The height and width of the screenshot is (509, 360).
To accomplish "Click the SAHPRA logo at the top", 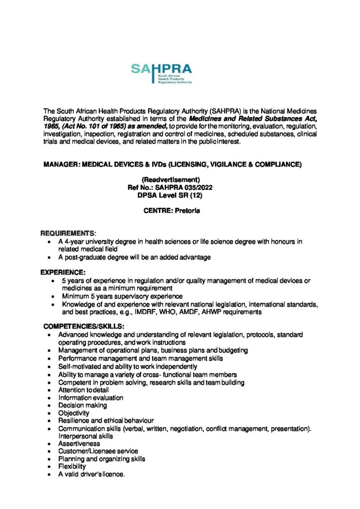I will [161, 73].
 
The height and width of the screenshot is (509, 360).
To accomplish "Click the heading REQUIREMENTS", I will [68, 233].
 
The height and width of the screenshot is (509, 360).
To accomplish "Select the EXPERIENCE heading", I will [64, 272].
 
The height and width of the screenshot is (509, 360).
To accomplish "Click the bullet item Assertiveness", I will [79, 443].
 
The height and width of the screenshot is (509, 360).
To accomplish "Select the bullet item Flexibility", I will [72, 467].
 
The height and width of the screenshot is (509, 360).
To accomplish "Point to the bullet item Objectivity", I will [74, 413].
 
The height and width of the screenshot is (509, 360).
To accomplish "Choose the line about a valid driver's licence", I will [91, 474].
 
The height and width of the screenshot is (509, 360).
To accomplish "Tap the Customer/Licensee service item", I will [98, 451].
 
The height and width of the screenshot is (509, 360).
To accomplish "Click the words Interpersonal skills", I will [86, 436].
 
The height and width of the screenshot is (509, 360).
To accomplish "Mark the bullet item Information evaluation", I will [90, 398].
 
